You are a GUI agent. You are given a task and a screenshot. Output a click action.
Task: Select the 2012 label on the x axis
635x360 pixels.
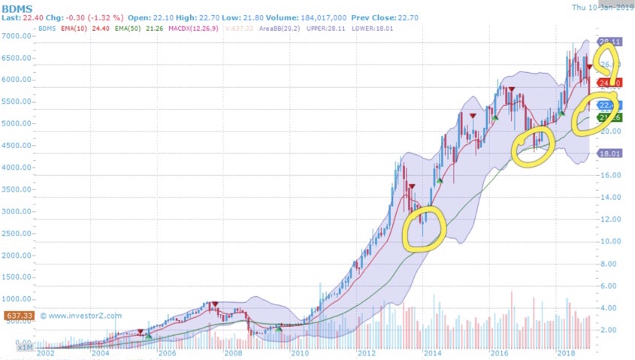coord(365,352)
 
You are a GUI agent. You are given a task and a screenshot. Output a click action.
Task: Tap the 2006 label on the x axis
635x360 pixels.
coord(166,352)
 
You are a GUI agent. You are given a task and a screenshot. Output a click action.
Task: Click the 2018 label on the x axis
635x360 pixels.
coord(565,352)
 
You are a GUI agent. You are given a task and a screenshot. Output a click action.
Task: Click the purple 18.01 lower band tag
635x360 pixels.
coord(608,154)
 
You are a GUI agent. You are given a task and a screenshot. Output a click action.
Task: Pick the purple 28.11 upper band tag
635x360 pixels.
coord(607,42)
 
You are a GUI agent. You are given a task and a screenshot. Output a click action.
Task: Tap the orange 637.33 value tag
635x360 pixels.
coord(15,316)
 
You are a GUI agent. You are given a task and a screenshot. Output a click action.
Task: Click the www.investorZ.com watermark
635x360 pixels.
coord(81,316)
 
